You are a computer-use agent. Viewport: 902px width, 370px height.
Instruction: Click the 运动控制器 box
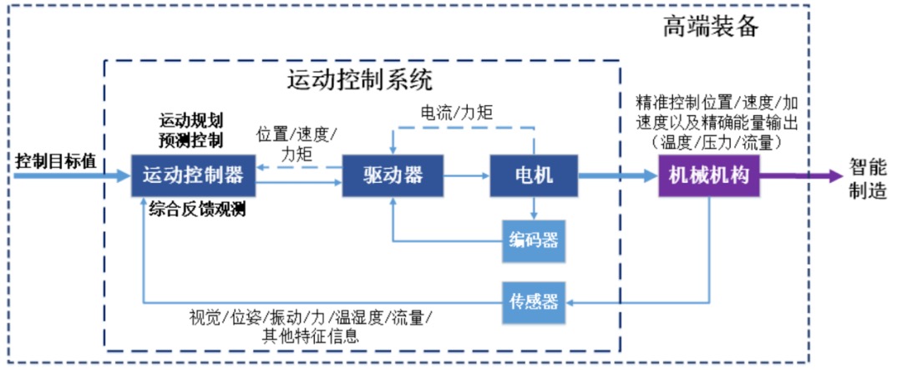click(193, 175)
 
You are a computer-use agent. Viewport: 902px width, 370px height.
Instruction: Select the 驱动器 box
click(393, 175)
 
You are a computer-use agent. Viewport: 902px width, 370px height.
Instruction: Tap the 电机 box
click(534, 175)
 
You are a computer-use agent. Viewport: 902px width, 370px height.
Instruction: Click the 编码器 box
click(534, 242)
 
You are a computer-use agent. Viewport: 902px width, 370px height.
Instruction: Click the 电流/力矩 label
click(456, 111)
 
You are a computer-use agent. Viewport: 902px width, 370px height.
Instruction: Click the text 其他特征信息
click(311, 337)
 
